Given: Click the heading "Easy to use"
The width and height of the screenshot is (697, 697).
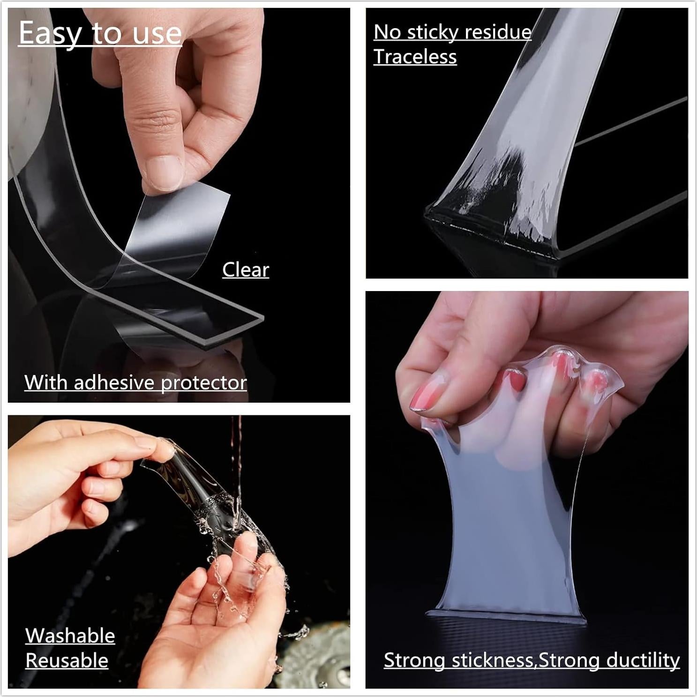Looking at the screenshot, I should tap(100, 33).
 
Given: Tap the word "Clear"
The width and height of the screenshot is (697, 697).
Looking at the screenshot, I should tap(246, 270).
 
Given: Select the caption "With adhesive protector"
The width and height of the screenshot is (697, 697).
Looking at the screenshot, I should tap(135, 382).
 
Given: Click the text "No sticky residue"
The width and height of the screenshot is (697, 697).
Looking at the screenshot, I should tap(452, 32).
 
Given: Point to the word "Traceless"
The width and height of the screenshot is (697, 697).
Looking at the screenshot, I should tap(415, 57).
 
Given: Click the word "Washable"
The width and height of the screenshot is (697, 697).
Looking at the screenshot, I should tap(70, 636).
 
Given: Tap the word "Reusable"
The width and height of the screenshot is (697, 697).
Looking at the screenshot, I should tap(67, 660).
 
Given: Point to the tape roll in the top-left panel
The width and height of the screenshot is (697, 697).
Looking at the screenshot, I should tap(28, 94).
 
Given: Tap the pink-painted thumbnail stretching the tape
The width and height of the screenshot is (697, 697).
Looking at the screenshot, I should tap(424, 396).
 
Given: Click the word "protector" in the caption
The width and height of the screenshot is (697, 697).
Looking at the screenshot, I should tap(203, 382).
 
